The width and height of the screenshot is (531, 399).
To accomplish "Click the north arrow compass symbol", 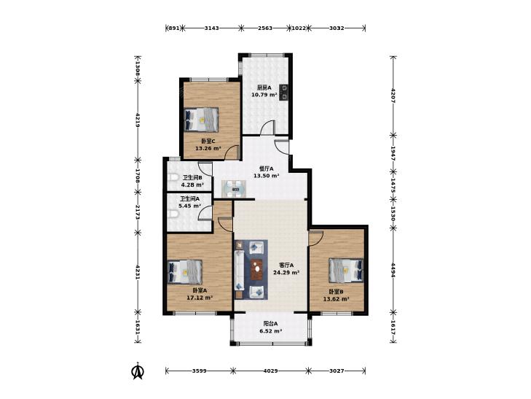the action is tap(138, 371).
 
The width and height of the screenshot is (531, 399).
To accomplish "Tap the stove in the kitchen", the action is tap(284, 92).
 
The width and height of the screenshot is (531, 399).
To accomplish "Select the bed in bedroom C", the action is tap(201, 120).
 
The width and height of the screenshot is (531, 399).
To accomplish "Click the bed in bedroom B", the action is tap(346, 270).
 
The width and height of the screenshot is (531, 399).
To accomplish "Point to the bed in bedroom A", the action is tap(185, 272).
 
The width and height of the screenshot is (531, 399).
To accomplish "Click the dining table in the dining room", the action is tap(234, 189).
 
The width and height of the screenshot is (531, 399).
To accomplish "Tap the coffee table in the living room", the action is tap(257, 269).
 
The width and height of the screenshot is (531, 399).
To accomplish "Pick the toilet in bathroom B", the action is tap(173, 178).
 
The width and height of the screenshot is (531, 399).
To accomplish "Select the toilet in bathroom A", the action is tap(173, 214).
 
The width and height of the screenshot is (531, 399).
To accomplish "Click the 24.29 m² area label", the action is tap(286, 272).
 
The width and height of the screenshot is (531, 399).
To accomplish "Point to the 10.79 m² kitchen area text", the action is tap(264, 95).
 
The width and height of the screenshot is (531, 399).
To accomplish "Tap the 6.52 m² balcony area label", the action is tap(271, 331).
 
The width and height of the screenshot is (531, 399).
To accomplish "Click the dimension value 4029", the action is tap(270, 371).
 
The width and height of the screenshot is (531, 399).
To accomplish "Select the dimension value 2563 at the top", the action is tap(265, 28).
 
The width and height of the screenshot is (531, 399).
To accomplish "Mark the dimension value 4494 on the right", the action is tap(393, 270).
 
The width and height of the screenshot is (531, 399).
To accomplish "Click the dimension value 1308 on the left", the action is tap(138, 68).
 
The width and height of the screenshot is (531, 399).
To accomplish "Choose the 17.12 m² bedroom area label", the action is tap(200, 298).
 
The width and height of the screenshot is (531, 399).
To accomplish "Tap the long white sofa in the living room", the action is tap(240, 270).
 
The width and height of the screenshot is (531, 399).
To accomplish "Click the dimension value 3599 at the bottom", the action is tap(200, 371).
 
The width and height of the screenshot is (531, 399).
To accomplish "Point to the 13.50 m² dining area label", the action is tap(267, 176).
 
